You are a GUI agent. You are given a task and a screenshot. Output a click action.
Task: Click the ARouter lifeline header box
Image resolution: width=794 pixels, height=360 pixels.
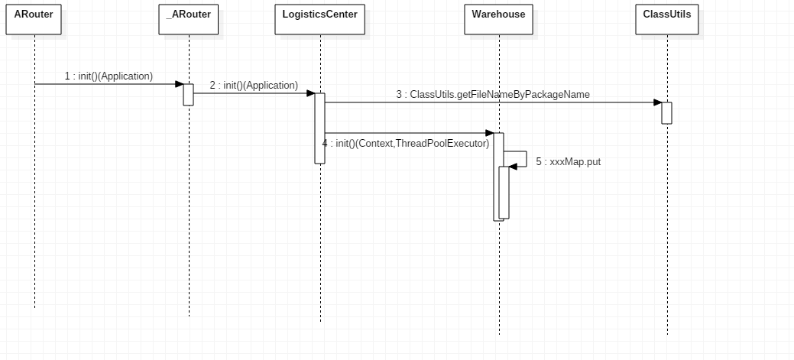click(x=34, y=20)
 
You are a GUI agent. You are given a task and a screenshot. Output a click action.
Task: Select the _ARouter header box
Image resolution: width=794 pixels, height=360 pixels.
click(x=188, y=20)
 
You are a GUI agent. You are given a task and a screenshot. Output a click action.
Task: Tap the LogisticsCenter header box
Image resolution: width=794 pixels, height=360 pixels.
click(x=320, y=20)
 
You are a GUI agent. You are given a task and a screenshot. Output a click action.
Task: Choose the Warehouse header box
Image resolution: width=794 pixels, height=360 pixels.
click(x=499, y=20)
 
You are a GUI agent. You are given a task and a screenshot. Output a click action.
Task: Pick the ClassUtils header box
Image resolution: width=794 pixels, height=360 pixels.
click(x=667, y=20)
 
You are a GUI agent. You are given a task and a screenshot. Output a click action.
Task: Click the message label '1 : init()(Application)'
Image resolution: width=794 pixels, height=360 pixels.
click(x=109, y=76)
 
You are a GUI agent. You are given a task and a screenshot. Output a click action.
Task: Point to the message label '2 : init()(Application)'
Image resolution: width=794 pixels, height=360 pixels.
click(x=254, y=85)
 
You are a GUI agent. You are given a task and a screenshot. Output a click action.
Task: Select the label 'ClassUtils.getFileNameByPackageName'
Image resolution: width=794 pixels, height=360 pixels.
click(x=500, y=94)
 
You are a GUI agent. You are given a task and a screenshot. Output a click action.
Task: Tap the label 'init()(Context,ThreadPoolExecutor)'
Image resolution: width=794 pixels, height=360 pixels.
click(x=413, y=143)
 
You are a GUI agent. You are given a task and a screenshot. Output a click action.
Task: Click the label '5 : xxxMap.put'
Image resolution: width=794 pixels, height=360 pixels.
click(x=568, y=162)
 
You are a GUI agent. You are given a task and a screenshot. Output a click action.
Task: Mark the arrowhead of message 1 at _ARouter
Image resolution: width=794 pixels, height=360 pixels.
click(x=180, y=84)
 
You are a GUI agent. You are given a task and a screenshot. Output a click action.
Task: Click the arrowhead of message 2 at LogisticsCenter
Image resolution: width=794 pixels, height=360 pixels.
click(x=311, y=93)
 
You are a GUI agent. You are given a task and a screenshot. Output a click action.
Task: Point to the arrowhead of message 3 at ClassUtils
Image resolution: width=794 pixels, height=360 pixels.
click(x=658, y=102)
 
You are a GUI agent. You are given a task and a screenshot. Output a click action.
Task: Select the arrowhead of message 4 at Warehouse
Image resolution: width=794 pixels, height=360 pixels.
click(x=490, y=133)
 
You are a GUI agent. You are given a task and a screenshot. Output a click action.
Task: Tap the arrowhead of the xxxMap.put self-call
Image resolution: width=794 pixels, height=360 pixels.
click(x=513, y=167)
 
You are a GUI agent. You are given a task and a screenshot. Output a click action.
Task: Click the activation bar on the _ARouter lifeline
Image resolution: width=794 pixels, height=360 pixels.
click(x=188, y=95)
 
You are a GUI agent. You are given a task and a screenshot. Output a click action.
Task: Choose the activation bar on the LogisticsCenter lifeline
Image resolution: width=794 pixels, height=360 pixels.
click(x=319, y=128)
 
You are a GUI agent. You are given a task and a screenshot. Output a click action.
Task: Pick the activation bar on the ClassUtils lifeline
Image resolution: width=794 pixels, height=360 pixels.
click(x=667, y=113)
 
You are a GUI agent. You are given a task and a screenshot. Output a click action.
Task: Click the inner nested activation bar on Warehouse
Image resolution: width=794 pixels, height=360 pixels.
click(x=504, y=193)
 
